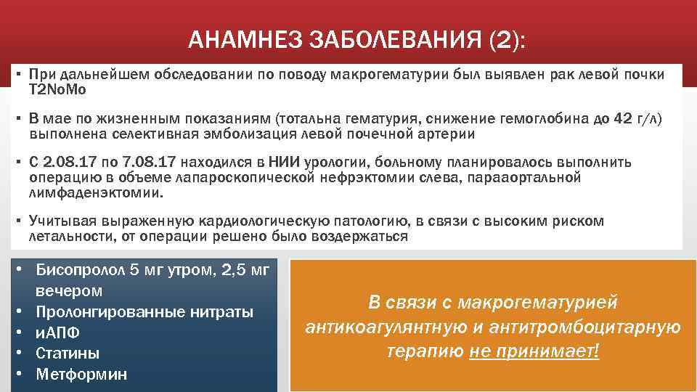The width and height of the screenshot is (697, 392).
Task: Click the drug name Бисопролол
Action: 80,271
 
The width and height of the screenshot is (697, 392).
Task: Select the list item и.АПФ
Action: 57,333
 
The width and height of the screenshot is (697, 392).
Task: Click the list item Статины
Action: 68,354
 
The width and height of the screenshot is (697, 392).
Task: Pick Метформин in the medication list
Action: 81,375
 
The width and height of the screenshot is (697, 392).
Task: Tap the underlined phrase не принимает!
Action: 534,352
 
